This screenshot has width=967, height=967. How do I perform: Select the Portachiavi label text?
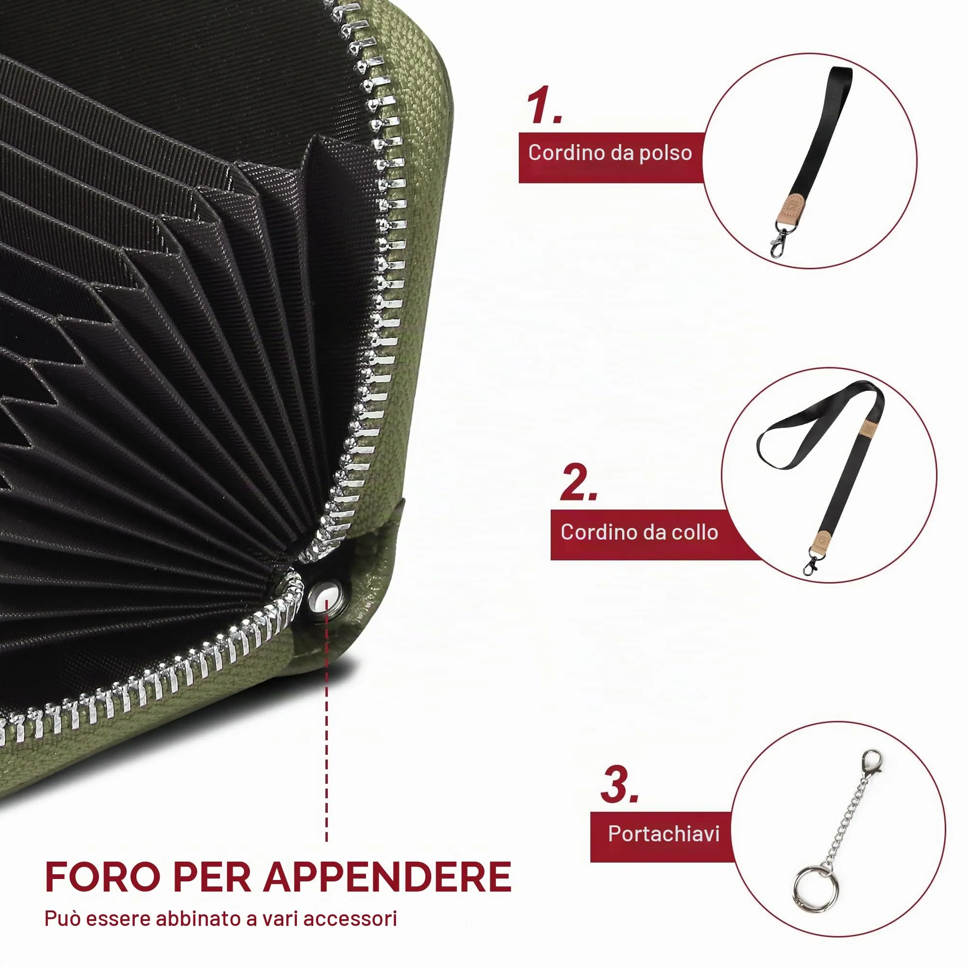pyautogui.click(x=664, y=834)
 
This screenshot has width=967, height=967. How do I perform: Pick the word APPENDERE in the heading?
pyautogui.click(x=388, y=877)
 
